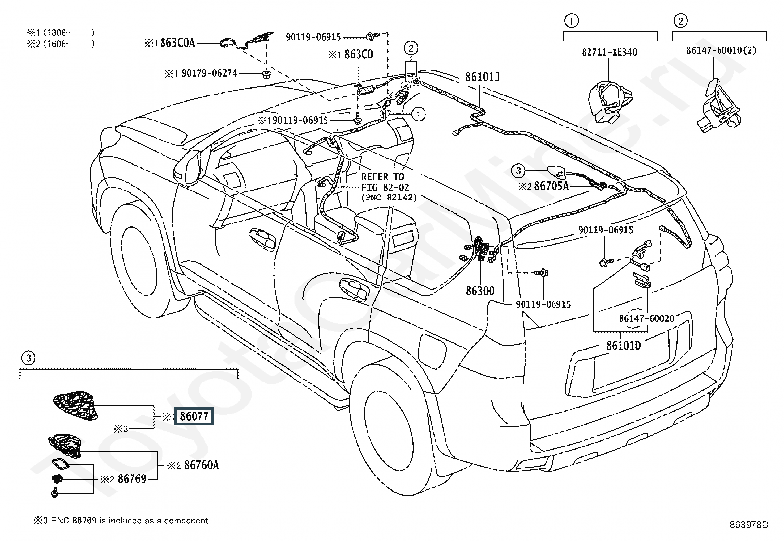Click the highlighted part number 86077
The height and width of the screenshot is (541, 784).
pyautogui.click(x=195, y=416)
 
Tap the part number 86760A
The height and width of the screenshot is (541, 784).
pyautogui.click(x=201, y=465)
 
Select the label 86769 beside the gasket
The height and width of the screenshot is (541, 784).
pyautogui.click(x=131, y=478)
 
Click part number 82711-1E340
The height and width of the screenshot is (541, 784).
pyautogui.click(x=609, y=52)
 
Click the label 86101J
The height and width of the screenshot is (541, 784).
pyautogui.click(x=483, y=77)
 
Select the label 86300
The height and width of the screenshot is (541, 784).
pyautogui.click(x=480, y=291)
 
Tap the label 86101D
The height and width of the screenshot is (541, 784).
pyautogui.click(x=623, y=345)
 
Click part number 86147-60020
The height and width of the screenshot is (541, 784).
pyautogui.click(x=647, y=318)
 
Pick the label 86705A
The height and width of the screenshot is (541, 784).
pyautogui.click(x=551, y=186)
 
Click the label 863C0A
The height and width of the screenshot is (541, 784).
pyautogui.click(x=177, y=43)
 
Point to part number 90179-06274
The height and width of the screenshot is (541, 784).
pyautogui.click(x=209, y=73)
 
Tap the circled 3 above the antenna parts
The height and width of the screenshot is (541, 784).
pyautogui.click(x=28, y=358)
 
